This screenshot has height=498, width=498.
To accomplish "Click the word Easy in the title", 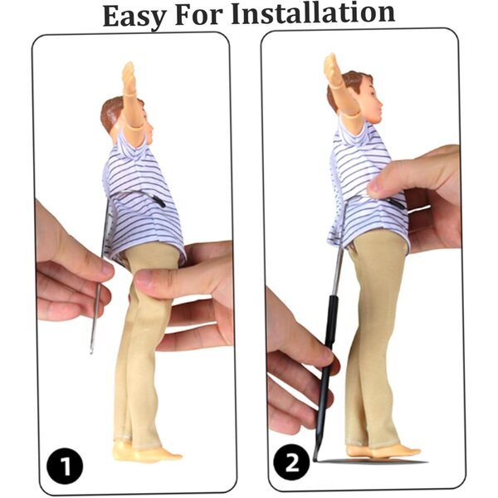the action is click(x=134, y=17).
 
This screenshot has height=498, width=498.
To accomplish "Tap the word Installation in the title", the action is click(x=313, y=13).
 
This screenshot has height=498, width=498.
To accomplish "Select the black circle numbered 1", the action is click(x=65, y=466).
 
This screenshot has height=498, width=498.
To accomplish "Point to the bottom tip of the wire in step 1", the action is click(x=90, y=352).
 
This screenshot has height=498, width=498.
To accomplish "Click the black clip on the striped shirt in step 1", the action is click(x=159, y=201).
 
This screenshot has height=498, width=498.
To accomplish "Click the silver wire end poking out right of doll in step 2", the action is click(x=419, y=209).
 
